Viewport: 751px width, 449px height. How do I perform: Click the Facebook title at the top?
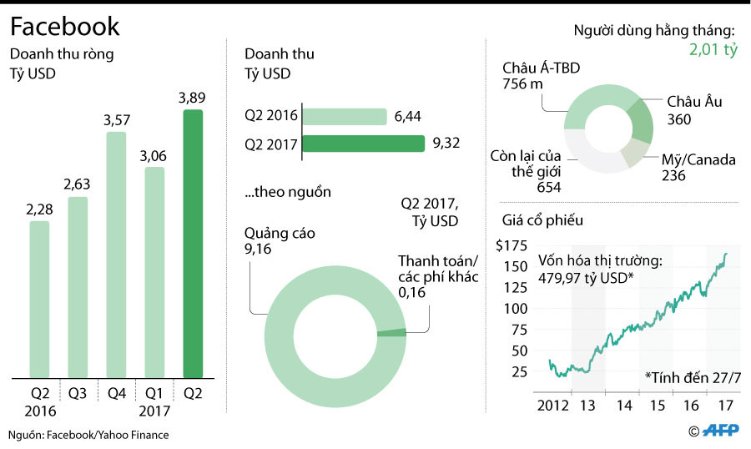(x=65, y=27)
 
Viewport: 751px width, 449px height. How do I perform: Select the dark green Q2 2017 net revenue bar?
(x=193, y=244)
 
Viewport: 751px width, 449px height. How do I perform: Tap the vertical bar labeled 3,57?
(x=117, y=255)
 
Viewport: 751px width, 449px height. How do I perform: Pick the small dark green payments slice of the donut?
(x=391, y=333)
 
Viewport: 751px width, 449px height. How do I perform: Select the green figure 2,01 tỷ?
(x=713, y=51)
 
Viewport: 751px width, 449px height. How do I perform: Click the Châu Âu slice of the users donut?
(x=640, y=119)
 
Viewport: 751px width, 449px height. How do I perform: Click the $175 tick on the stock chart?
(x=512, y=246)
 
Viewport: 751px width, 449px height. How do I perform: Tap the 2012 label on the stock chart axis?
(x=552, y=406)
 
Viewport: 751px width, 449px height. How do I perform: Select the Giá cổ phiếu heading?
(x=542, y=221)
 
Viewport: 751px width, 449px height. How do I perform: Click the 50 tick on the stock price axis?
(x=518, y=351)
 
